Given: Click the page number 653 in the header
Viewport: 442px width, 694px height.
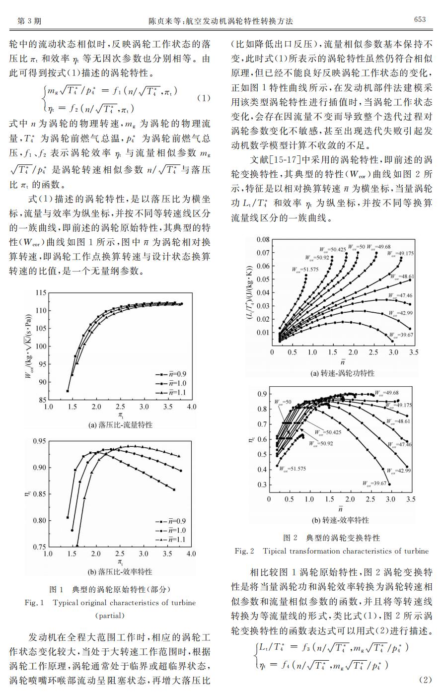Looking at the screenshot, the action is coord(420,19).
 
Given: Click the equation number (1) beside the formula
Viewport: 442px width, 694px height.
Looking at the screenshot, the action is coord(204,98).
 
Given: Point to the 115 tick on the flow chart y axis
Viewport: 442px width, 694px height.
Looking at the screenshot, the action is coord(41,293).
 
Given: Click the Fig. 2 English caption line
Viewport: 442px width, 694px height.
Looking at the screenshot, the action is coord(331,551).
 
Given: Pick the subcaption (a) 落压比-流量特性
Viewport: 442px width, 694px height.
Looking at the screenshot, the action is coord(120,425).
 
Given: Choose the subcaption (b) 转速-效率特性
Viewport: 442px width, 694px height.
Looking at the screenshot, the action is coord(340,520).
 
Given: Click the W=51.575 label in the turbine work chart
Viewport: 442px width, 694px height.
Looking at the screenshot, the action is coord(305,270).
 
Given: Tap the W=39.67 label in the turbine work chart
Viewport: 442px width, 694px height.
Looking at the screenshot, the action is coord(401,335).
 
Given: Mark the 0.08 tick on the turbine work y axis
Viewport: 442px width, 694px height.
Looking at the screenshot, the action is coord(263,239).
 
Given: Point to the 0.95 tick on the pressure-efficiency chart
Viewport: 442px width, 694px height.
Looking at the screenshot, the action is coord(39,441).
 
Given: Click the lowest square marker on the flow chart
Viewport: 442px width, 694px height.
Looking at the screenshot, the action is coord(68,391).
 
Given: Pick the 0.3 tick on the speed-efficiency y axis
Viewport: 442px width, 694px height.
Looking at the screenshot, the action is coord(263,485).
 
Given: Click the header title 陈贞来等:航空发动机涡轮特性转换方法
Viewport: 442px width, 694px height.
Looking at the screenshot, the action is coord(221,21).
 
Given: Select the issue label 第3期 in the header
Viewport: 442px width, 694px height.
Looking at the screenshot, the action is coord(29,21).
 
